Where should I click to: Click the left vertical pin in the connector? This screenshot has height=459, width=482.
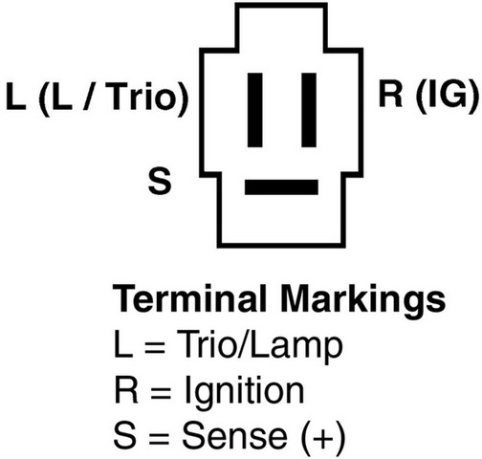255,110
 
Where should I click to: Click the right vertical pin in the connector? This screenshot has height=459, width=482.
309,110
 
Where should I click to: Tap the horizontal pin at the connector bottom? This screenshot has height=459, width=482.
281,187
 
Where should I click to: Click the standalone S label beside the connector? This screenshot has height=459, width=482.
160,182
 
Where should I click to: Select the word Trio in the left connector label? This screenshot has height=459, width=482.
143,97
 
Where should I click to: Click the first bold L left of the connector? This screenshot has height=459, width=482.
16,97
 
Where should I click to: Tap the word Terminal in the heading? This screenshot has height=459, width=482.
189,299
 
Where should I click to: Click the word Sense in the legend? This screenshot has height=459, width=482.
235,435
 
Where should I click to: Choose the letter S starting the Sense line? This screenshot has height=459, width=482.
124,435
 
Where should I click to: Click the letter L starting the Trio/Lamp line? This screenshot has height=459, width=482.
123,344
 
